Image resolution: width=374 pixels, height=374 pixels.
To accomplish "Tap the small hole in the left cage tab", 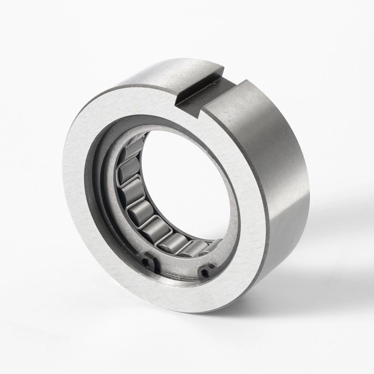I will click(146, 263).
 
